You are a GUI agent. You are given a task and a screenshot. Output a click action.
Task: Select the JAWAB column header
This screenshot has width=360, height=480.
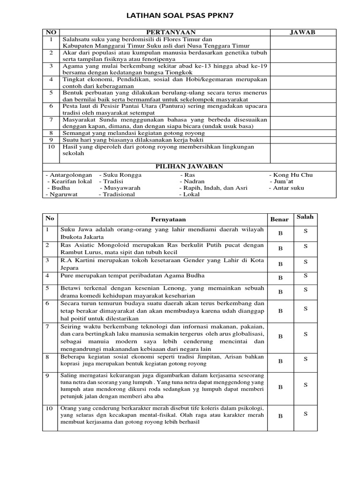[303, 32]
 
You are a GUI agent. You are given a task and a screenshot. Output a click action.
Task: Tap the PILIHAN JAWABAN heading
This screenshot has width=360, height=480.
[189, 166]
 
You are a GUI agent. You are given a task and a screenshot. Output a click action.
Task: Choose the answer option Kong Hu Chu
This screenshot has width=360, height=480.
[293, 175]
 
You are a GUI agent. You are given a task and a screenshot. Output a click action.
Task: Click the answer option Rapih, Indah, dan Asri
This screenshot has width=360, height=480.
[213, 188]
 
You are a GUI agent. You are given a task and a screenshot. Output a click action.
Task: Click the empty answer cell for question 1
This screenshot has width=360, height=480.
[303, 42]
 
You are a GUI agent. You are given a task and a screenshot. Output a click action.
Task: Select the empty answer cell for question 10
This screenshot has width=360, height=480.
[303, 150]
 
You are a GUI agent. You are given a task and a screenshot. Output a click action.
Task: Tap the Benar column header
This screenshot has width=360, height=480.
[279, 219]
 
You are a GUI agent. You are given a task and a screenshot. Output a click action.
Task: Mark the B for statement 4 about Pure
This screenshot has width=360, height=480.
[280, 278]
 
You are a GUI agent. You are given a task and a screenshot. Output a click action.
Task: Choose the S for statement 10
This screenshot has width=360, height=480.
[305, 413]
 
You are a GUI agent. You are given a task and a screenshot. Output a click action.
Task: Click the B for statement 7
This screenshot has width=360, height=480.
[280, 336]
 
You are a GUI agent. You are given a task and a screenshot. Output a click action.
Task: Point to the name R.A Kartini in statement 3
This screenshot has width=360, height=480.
[76, 260]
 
